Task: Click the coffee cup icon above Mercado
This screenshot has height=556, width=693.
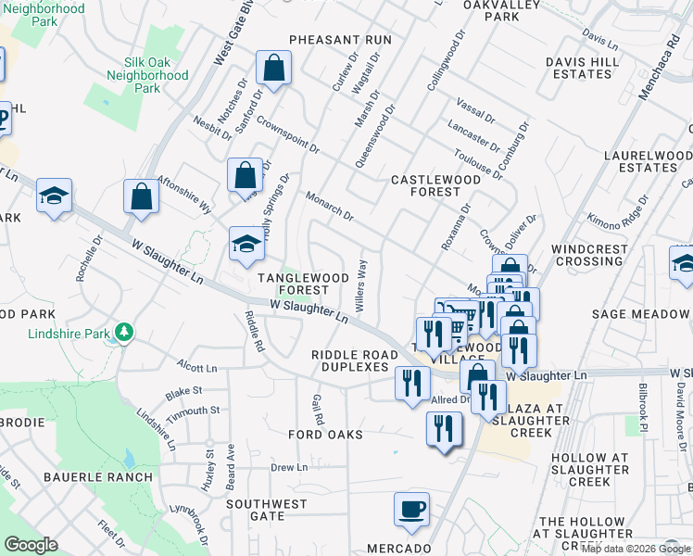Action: click(411, 509)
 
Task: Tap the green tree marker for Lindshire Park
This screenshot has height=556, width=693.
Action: click(121, 333)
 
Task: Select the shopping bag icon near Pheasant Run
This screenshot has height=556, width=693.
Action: click(273, 68)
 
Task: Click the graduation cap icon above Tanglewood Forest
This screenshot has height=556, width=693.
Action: click(246, 244)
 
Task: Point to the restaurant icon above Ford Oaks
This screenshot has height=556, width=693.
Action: click(445, 428)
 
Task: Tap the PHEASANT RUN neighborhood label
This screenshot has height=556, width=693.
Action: click(340, 41)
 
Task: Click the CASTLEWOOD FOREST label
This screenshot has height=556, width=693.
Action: click(425, 185)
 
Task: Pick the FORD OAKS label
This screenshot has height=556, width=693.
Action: click(325, 434)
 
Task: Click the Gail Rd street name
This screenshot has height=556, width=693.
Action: click(318, 407)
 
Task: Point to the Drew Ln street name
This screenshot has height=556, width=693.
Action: click(288, 467)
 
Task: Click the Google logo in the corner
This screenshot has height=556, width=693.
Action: click(31, 545)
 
